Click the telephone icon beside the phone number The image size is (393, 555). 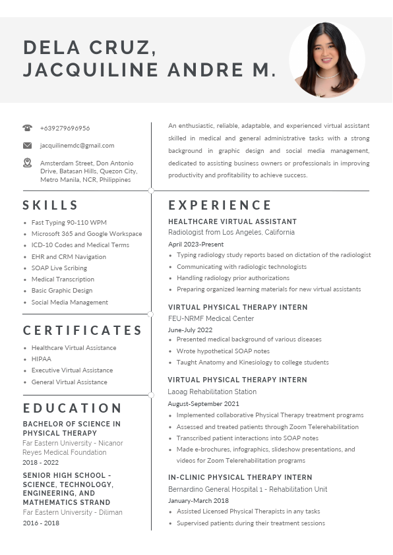[27, 128]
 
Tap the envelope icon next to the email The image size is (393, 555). [27, 145]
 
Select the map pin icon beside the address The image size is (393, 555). [27, 162]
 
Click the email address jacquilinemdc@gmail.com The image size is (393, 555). [77, 145]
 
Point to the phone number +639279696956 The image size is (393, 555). [65, 128]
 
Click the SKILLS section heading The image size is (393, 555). [51, 205]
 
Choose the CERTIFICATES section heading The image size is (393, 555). [83, 330]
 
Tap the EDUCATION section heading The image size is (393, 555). [73, 408]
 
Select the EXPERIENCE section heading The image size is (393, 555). [220, 205]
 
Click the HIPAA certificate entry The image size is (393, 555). [41, 359]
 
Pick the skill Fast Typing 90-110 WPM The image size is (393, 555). [69, 223]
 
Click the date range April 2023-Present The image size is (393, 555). [196, 244]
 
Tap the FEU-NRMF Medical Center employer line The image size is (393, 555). [211, 318]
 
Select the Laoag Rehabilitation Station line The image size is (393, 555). [212, 392]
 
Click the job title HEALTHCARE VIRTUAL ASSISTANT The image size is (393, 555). [232, 221]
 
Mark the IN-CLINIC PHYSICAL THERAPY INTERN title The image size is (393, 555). [240, 477]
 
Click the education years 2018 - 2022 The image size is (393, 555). [41, 463]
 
